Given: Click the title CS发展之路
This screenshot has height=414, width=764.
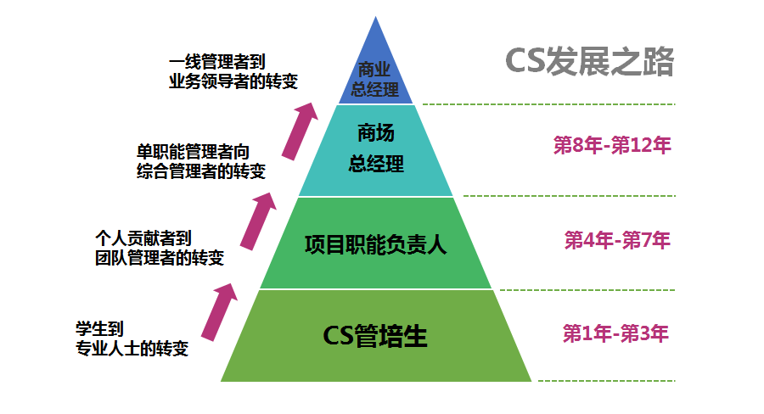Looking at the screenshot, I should (x=589, y=62).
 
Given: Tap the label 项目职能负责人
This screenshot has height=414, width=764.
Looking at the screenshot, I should (x=375, y=246).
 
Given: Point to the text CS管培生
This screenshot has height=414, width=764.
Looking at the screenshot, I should (x=375, y=336).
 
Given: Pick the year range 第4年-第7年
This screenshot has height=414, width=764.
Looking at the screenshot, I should (x=617, y=240).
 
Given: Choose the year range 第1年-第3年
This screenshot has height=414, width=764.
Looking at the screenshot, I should (x=615, y=333).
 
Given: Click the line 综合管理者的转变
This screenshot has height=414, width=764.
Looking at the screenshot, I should (x=200, y=171).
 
